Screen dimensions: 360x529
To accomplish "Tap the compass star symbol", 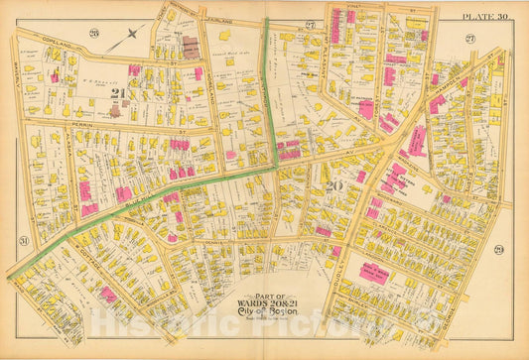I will [x=131, y=34].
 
